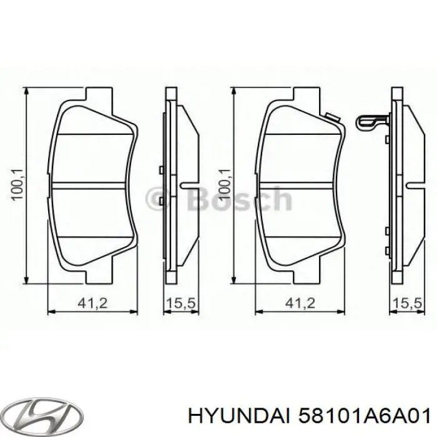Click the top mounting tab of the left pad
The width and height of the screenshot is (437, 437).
[96, 94]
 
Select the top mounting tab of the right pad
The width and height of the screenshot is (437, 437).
[303, 94]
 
